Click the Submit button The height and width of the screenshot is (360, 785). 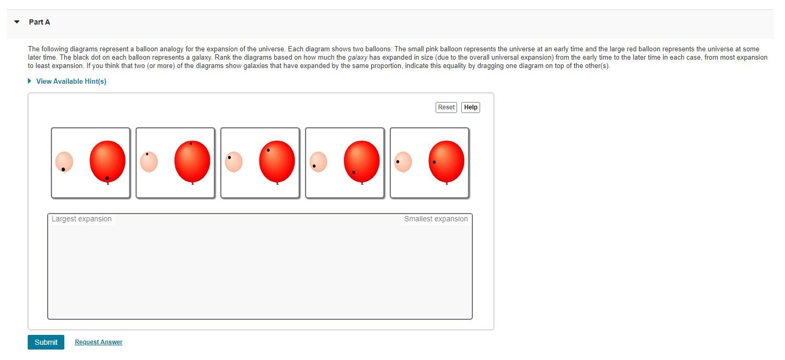click(x=46, y=342)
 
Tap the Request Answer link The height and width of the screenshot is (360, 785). click(x=98, y=342)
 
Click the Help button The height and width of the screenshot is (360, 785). click(x=471, y=107)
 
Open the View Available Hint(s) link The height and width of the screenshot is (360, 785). click(x=71, y=81)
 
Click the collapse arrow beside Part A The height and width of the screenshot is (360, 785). click(x=17, y=22)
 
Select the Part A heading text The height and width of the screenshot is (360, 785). click(x=40, y=22)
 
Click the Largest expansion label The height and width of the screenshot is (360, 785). click(x=82, y=219)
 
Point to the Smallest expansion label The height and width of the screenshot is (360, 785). click(x=436, y=219)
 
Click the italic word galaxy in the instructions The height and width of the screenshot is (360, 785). click(x=357, y=58)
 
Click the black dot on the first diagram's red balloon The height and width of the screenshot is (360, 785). click(x=107, y=178)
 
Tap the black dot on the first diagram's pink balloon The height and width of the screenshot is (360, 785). click(x=63, y=170)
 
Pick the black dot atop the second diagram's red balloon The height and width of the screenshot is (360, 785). click(x=191, y=144)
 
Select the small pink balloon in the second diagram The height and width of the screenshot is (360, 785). click(x=149, y=162)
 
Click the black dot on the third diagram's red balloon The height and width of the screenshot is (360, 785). click(x=268, y=150)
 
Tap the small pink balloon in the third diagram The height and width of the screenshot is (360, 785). click(x=234, y=162)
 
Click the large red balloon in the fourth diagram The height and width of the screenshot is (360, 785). click(x=362, y=162)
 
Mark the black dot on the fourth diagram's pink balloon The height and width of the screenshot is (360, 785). click(x=314, y=166)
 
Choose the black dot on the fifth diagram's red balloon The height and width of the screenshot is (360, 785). click(x=434, y=162)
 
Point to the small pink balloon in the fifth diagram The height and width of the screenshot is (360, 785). click(x=403, y=162)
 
